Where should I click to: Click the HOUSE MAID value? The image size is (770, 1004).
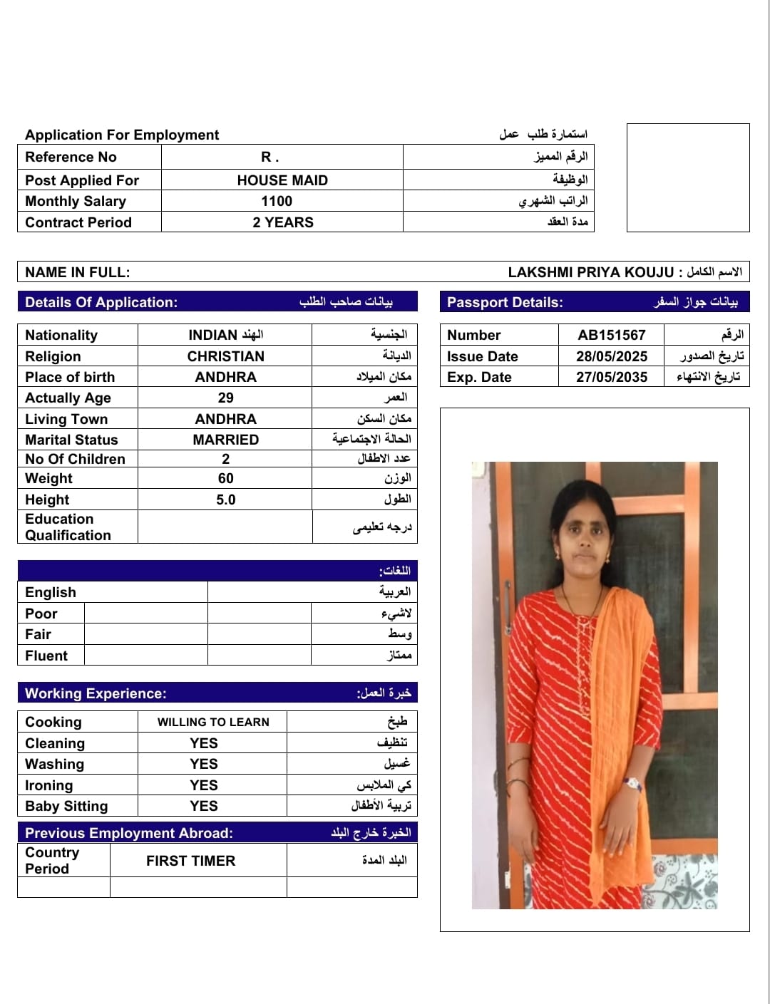point(282,180)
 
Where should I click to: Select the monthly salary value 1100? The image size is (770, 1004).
point(277,201)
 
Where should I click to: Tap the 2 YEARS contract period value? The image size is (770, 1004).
point(283,222)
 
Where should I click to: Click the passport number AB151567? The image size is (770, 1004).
point(612,335)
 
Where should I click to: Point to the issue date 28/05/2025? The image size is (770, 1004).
point(612,356)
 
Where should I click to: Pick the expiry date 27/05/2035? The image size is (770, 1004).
point(612,377)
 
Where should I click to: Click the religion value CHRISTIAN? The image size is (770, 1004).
point(225,356)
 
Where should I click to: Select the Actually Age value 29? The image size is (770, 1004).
point(225,398)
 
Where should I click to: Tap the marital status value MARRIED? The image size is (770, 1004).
point(225,440)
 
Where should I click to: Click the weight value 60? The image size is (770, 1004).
point(225,478)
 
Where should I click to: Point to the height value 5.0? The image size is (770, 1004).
point(225,500)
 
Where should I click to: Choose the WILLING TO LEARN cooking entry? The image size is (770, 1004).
point(213,722)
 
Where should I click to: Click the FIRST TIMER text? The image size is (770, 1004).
point(190,861)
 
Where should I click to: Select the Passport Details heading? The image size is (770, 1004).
point(505,302)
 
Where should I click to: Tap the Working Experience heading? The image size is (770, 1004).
point(96,693)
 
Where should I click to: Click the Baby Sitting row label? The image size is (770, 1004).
point(66,806)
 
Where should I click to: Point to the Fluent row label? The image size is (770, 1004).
point(46,656)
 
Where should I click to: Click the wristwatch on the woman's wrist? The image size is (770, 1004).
point(632,783)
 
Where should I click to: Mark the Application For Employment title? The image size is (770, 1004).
point(122,135)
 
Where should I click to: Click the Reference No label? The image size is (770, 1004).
point(71,157)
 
